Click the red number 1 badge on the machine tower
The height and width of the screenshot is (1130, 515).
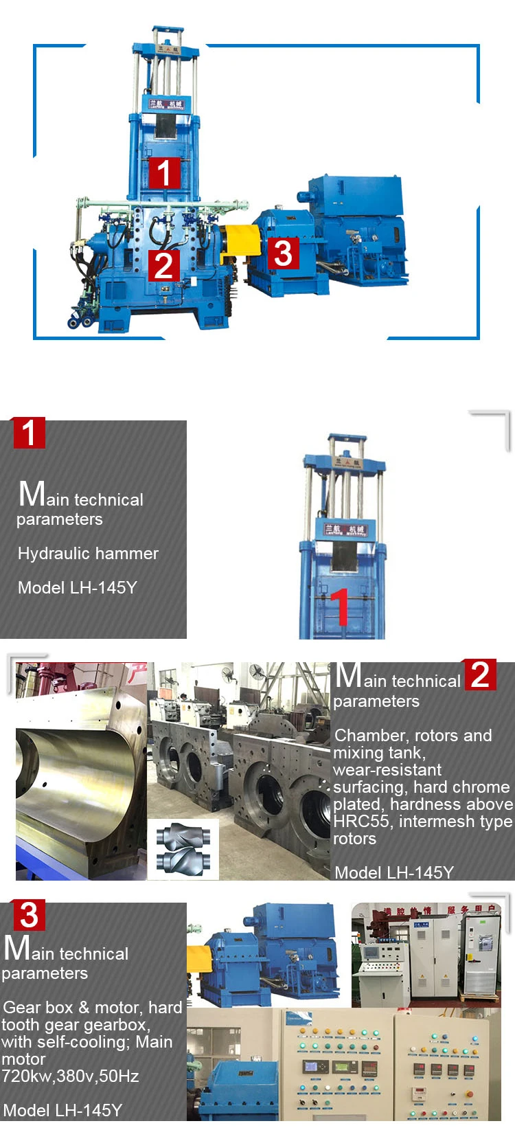point(163,172)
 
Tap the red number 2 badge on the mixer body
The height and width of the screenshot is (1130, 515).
point(163,265)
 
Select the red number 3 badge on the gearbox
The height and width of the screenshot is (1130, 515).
point(283,253)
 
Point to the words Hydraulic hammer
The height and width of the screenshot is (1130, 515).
point(88,554)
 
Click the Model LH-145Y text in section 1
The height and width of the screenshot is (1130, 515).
point(78,588)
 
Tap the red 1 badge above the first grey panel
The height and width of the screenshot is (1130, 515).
point(29,433)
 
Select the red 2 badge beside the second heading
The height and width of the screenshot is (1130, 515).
point(480,675)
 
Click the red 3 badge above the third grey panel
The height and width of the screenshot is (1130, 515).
point(29,915)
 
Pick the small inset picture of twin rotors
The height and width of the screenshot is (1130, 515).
point(183,850)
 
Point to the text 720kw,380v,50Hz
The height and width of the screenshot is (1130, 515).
point(70,1076)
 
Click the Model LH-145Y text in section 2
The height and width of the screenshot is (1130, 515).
point(394,873)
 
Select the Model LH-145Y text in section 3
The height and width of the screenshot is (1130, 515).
point(62,1111)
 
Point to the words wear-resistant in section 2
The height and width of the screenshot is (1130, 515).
point(387,770)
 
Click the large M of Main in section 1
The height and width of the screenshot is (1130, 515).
point(32,495)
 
